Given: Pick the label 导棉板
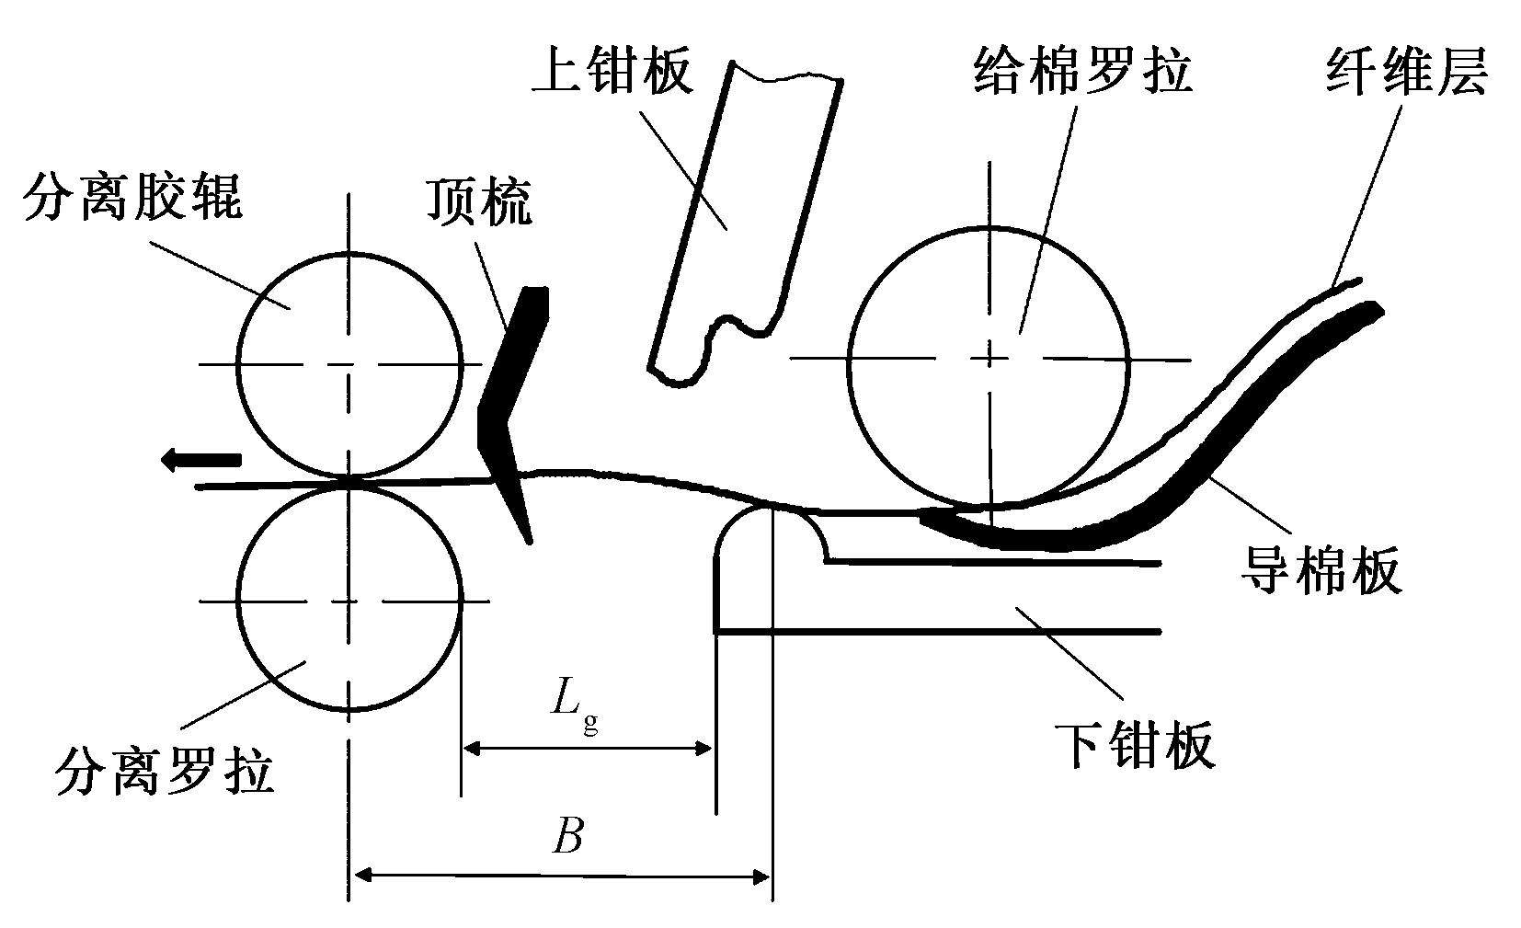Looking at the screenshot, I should [1321, 569].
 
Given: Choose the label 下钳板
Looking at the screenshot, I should [1137, 744].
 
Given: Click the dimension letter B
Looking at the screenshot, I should [567, 837].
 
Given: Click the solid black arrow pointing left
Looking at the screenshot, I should [200, 459].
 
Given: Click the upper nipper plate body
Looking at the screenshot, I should [736, 202].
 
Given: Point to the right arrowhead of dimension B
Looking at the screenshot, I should [762, 877].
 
